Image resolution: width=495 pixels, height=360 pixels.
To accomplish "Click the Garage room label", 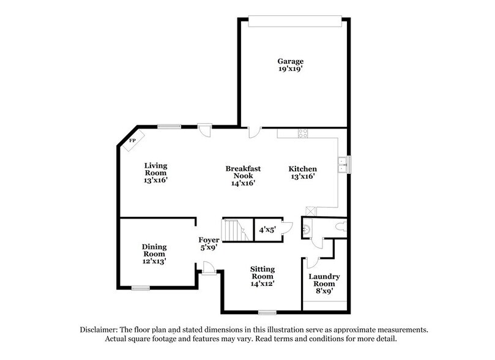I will (290, 61).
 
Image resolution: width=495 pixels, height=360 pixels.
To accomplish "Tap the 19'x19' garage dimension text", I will (290, 70).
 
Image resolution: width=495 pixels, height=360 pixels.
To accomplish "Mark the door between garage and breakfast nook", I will (255, 131).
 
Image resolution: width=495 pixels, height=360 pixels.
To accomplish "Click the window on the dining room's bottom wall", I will (140, 287).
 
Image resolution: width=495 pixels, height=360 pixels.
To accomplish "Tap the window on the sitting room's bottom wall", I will (267, 312).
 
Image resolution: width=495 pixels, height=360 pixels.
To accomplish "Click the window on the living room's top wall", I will (169, 127).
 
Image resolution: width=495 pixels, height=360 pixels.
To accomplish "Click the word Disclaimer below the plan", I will (100, 329).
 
